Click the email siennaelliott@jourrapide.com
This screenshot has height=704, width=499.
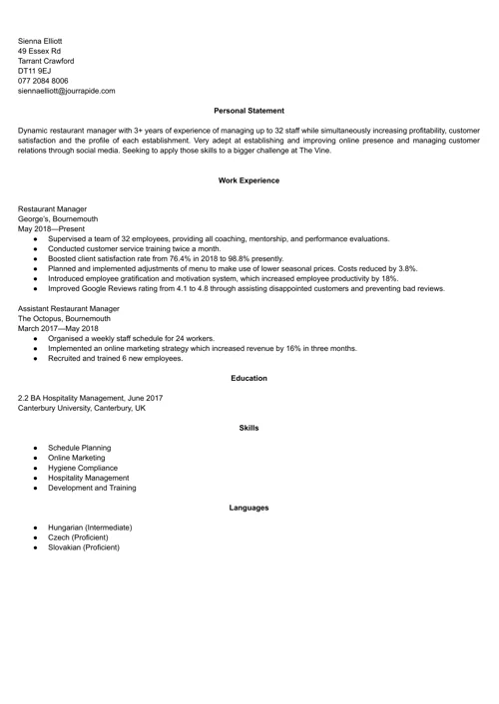tap(66, 91)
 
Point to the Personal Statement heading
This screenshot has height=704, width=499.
tap(249, 111)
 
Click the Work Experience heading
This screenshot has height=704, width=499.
tap(249, 180)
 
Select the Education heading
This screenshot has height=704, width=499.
tap(249, 378)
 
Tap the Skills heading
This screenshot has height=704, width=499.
tap(249, 428)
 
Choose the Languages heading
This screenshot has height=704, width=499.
tap(249, 508)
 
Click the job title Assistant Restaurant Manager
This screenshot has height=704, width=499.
tap(69, 309)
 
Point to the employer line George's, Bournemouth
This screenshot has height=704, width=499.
tap(58, 219)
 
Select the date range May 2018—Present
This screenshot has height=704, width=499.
tap(52, 229)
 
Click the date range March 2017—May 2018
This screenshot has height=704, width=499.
tap(58, 329)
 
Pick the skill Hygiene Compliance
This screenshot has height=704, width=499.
tap(82, 468)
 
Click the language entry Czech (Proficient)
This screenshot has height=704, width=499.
tap(79, 537)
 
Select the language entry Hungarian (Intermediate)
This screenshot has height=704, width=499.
tap(90, 528)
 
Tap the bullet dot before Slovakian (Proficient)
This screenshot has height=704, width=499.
tap(35, 547)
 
